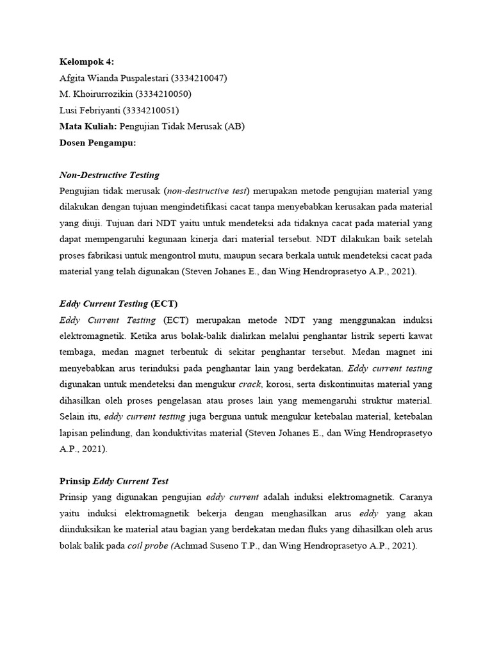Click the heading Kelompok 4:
(86, 61)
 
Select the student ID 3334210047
(199, 78)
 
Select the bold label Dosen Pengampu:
(97, 143)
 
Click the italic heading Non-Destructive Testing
(109, 175)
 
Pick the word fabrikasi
(106, 256)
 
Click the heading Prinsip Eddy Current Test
(113, 481)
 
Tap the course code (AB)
(234, 127)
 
